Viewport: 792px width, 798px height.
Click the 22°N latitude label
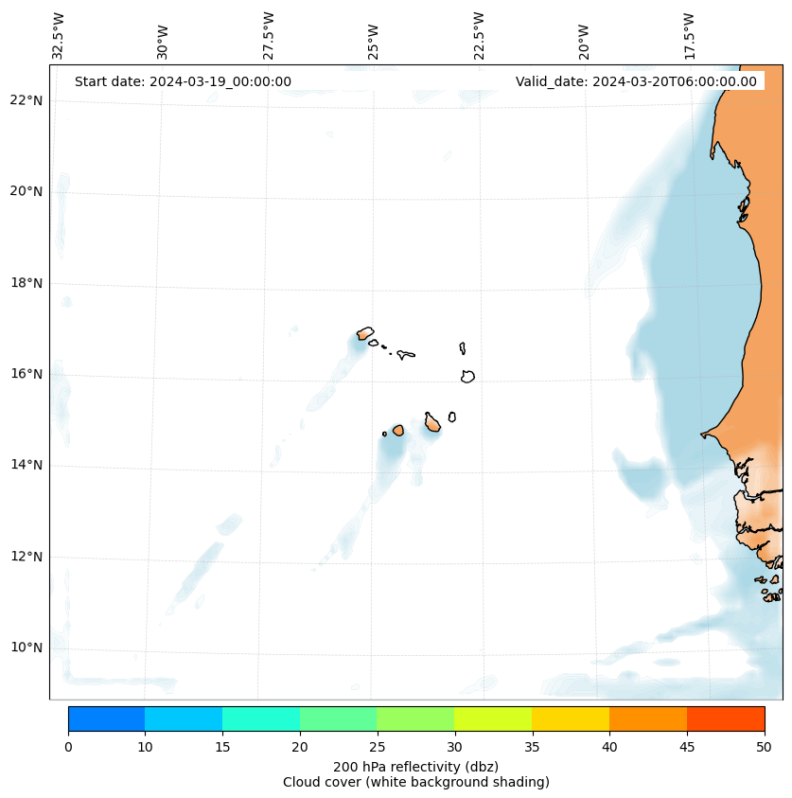click(26, 100)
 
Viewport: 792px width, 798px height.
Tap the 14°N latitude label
click(26, 466)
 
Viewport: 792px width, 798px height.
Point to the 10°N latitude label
click(26, 648)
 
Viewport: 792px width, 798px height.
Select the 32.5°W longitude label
click(59, 35)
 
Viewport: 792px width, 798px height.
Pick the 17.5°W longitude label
click(689, 35)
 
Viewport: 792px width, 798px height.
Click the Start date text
click(183, 81)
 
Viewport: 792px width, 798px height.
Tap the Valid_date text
click(636, 81)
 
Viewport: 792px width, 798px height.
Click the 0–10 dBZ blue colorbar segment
click(106, 718)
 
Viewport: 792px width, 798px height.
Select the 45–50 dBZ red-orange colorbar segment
click(726, 718)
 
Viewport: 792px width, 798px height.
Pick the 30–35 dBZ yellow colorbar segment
click(493, 718)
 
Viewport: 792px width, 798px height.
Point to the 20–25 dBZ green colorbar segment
click(338, 718)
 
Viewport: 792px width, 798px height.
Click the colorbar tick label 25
click(377, 748)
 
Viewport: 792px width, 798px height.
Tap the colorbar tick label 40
click(609, 748)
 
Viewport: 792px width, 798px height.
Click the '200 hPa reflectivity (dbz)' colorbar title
click(415, 766)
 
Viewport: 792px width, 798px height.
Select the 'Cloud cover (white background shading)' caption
click(415, 782)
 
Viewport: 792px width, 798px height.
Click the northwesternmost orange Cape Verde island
click(365, 333)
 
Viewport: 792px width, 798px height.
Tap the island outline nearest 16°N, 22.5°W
click(467, 376)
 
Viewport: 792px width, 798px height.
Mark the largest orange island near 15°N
click(432, 424)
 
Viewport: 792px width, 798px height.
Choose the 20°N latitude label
click(26, 191)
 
